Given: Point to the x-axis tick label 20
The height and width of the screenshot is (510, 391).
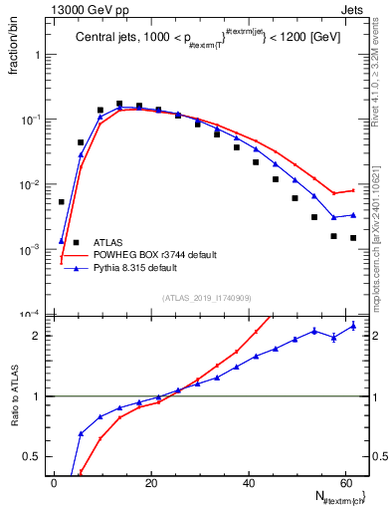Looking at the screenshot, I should (x=151, y=483).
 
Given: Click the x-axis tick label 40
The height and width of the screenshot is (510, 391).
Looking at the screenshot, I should (x=249, y=483).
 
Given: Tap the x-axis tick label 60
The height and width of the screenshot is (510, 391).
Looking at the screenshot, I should (x=346, y=483).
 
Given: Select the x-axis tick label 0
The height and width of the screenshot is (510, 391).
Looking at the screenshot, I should (x=54, y=483).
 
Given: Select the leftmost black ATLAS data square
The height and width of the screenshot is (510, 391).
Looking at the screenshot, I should (x=62, y=202).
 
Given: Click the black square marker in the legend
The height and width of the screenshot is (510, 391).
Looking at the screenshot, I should (x=76, y=242).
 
